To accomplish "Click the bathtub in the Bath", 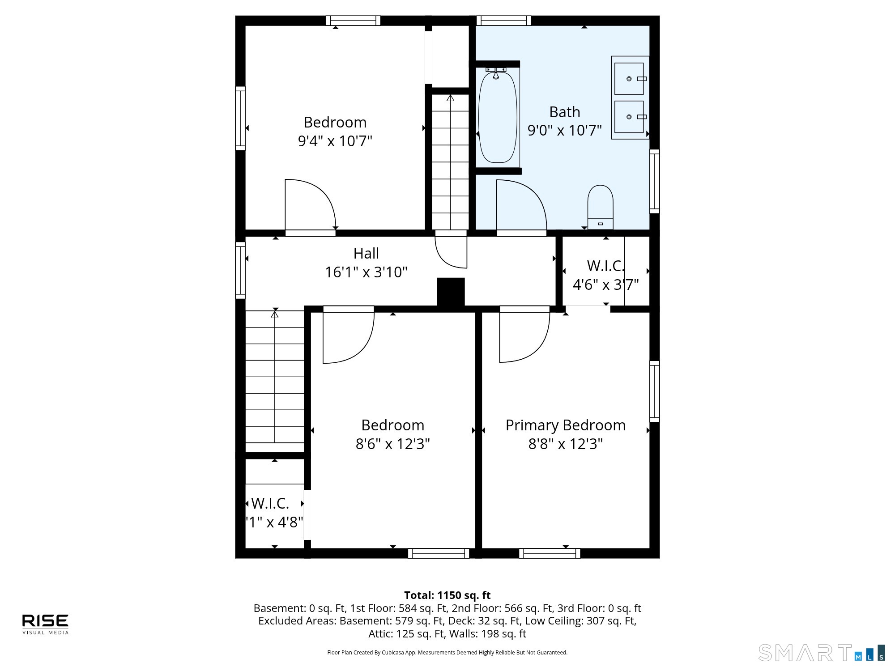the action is (498, 117).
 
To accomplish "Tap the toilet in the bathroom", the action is (600, 207).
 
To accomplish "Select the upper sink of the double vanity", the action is (629, 79).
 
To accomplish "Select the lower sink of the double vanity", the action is (629, 117).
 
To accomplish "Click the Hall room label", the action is (366, 253).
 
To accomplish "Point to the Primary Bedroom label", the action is (566, 425).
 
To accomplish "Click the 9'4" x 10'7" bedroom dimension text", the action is (335, 141).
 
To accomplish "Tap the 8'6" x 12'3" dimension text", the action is (393, 444).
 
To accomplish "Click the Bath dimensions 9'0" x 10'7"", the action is (565, 130).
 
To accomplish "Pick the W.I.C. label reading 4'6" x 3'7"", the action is (606, 275).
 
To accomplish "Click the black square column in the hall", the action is (451, 292).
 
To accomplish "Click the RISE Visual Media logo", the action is (45, 624).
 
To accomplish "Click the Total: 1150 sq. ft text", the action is (447, 595).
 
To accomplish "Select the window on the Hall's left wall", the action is (240, 270).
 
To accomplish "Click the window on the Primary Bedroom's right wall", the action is (654, 391).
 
